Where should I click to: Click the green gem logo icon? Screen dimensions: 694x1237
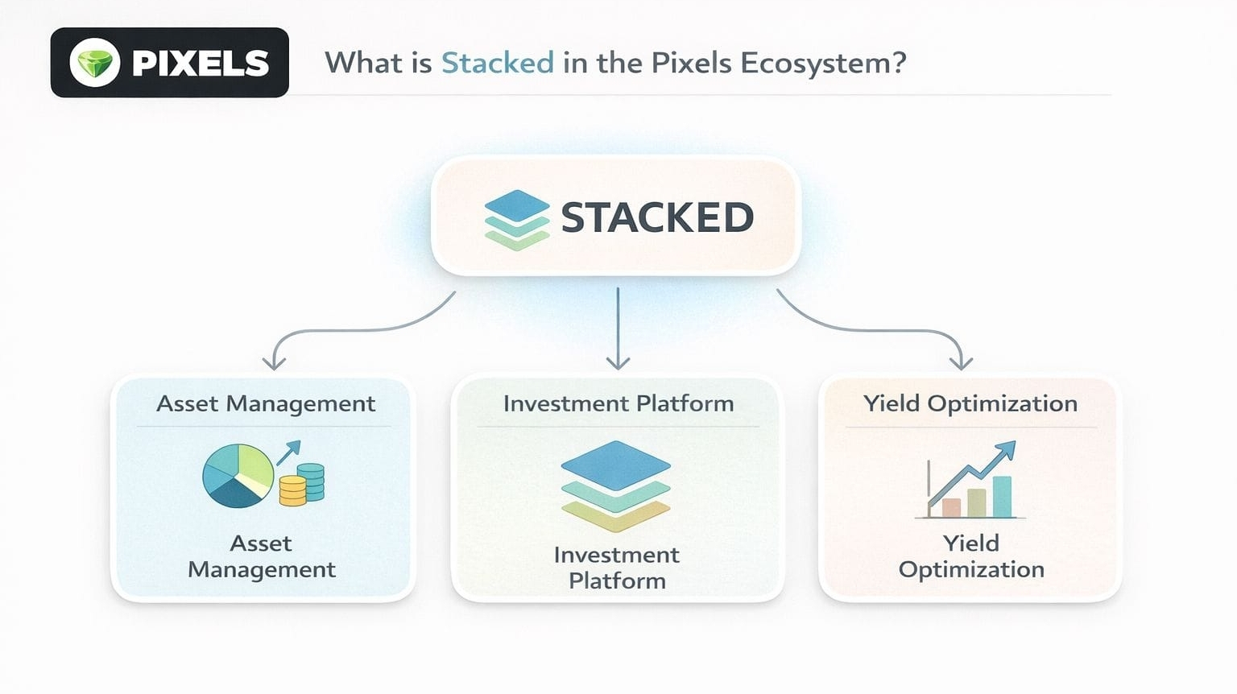95,63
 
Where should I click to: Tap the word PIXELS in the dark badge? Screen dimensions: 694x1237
200,64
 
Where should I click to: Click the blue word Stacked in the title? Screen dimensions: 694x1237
497,63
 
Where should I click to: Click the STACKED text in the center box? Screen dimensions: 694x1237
657,217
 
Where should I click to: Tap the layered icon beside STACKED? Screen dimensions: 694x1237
516,219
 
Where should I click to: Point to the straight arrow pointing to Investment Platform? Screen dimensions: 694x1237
618,330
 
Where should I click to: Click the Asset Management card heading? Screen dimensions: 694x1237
266,403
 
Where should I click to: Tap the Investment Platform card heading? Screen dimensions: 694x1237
618,403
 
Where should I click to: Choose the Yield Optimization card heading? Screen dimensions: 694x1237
970,403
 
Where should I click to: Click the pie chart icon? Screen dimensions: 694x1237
238,475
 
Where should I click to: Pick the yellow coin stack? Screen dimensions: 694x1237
292,490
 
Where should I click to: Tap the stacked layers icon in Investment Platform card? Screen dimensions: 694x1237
616,485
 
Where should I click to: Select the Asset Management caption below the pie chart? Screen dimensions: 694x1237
262,556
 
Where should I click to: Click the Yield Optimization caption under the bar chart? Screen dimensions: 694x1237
971,556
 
